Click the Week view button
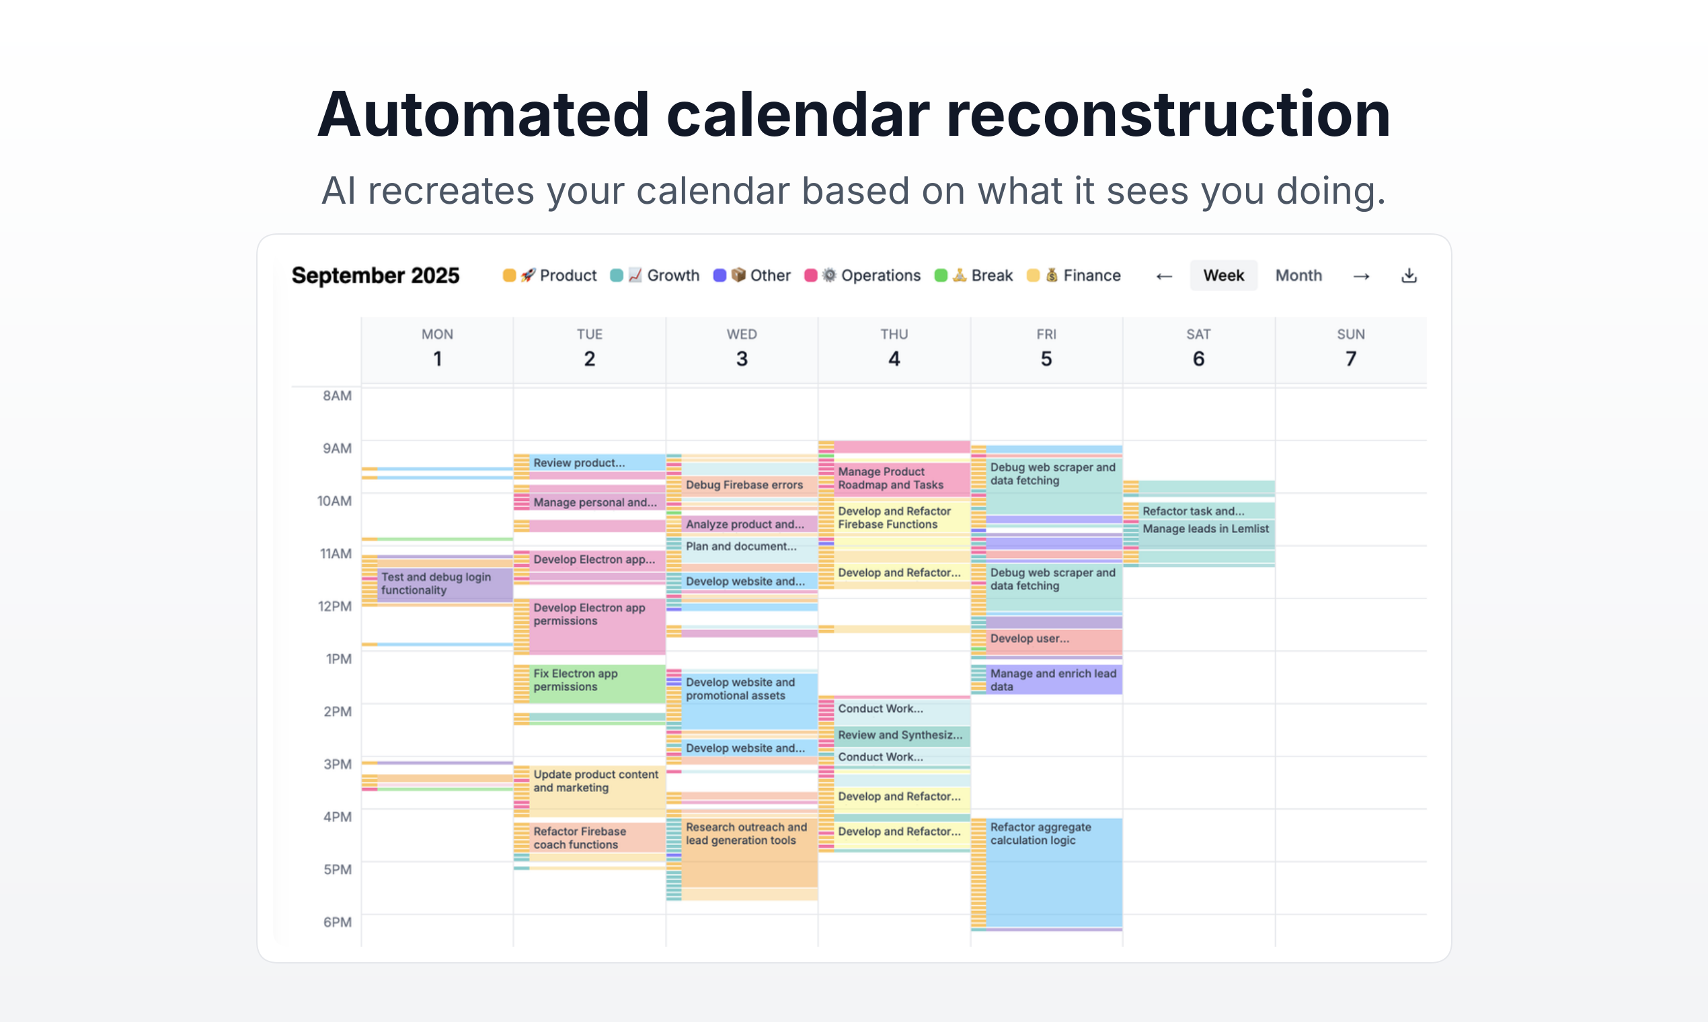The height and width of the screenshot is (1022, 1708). point(1223,276)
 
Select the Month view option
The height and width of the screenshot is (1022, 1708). point(1298,276)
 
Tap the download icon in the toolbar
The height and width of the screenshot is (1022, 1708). point(1409,276)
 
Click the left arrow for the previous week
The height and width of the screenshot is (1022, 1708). point(1164,276)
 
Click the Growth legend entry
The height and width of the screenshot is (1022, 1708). point(655,276)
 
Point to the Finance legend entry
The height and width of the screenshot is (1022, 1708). point(1074,276)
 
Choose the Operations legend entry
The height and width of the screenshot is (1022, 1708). point(862,276)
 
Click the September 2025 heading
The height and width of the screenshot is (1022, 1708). point(375,276)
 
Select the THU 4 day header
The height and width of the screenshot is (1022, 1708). point(894,348)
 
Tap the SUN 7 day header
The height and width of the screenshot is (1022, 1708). point(1350,348)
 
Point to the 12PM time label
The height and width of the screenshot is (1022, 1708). point(335,606)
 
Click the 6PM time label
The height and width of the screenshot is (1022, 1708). point(338,922)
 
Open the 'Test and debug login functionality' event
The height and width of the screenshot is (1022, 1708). point(444,584)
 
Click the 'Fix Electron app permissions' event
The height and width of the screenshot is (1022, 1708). point(596,683)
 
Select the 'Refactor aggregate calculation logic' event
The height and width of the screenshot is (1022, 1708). point(1054,872)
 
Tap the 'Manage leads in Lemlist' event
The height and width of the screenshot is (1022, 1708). point(1205,530)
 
